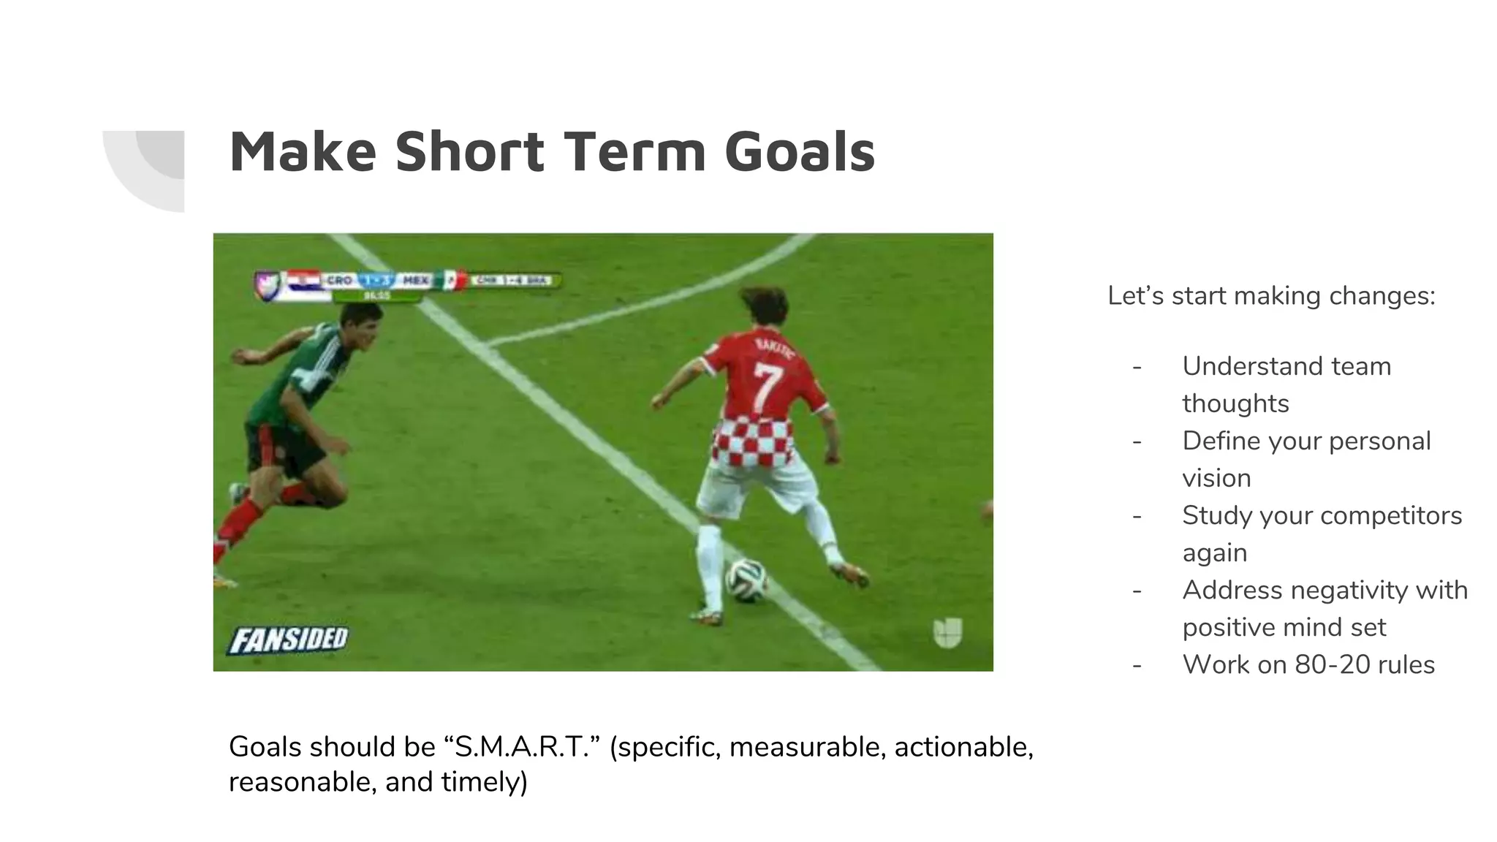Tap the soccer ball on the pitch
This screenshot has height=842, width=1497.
coord(746,580)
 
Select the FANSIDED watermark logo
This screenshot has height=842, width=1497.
coord(289,640)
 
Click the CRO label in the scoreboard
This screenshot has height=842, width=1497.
coord(339,281)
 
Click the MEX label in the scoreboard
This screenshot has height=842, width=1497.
coord(415,281)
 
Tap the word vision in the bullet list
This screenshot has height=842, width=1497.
coord(1216,478)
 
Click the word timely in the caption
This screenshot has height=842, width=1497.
coord(480,782)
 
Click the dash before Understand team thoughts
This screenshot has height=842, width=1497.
coord(1137,367)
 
